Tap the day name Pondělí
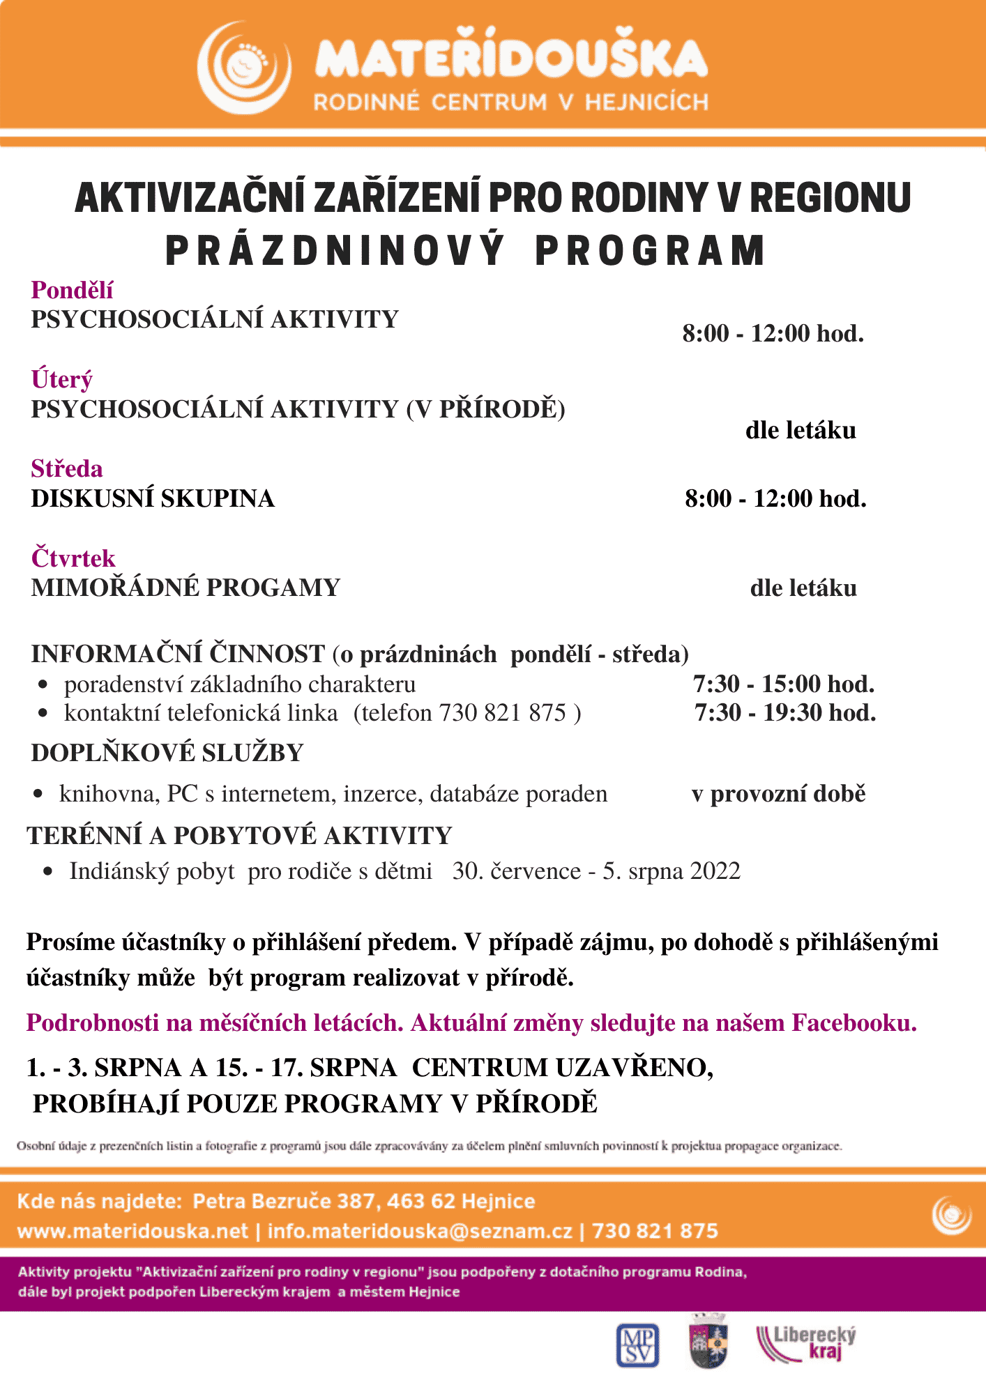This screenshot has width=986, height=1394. point(72,290)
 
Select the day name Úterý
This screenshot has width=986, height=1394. point(61,380)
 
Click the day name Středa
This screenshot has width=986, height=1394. point(67,469)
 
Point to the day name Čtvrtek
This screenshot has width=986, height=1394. point(73,558)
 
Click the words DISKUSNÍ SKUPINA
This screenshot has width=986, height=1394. point(153,499)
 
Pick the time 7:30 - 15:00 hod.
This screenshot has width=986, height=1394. point(784,684)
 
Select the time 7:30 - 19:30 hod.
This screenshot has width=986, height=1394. point(785,713)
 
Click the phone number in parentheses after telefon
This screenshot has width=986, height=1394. point(502,713)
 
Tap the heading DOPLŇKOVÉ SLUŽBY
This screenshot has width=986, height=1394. point(167,753)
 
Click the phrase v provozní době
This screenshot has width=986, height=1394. point(778,794)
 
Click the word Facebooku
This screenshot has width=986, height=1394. point(854,1023)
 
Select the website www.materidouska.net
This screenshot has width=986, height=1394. point(132,1232)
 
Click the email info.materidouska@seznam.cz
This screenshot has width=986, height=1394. point(420,1232)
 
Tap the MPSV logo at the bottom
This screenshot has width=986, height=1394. point(638,1345)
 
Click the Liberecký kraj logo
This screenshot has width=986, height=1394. point(807,1343)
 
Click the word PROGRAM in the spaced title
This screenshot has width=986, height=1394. point(650,251)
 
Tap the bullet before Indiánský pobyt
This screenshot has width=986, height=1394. point(47,871)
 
